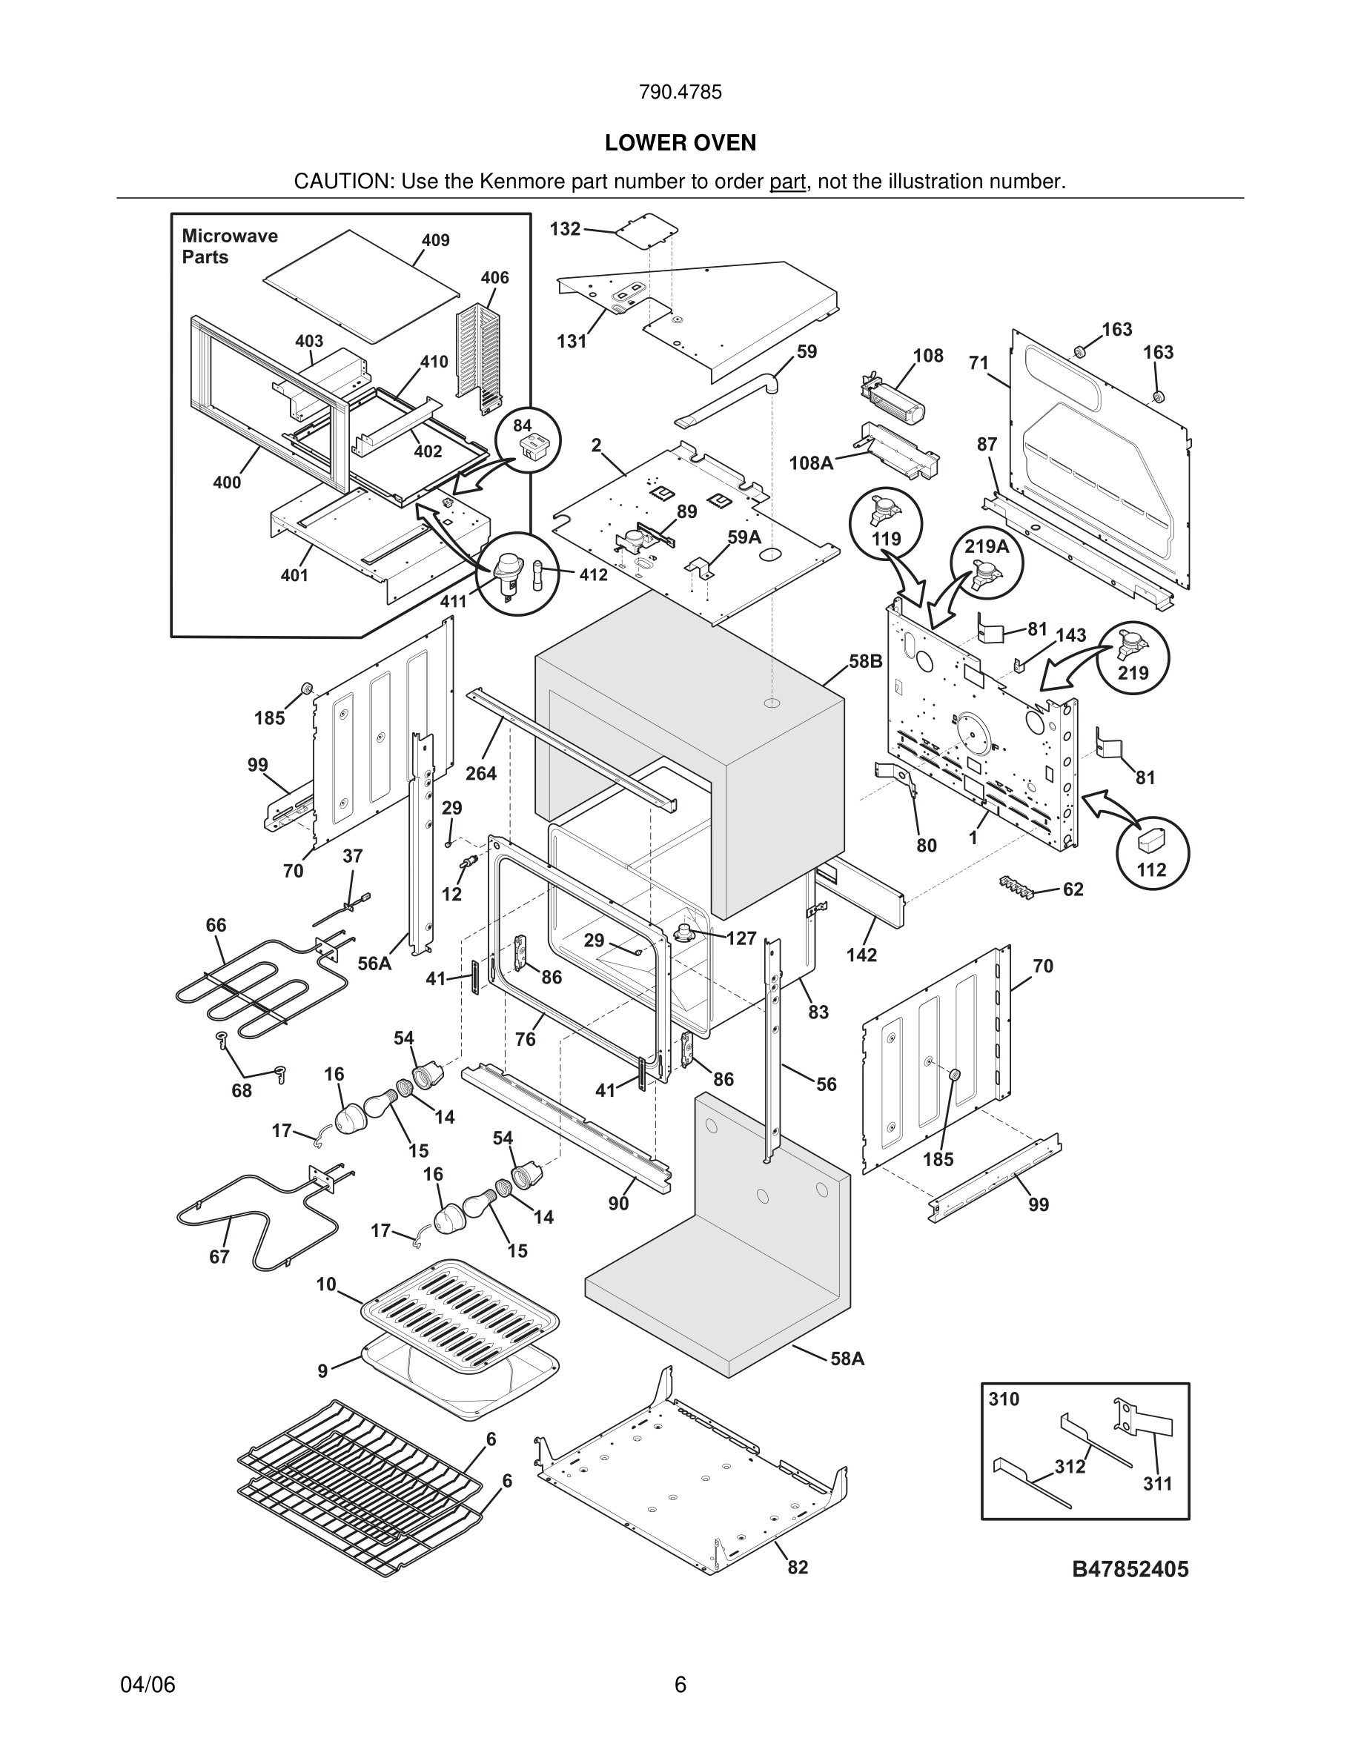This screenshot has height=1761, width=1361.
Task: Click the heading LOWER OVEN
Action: [x=680, y=144]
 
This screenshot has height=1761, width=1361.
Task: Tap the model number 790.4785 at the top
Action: [x=680, y=93]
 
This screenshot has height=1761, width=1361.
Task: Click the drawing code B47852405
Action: [x=1130, y=1569]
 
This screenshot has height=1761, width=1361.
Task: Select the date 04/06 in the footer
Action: [x=148, y=1685]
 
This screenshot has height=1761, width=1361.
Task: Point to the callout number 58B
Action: [x=865, y=661]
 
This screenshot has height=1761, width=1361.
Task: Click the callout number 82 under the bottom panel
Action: [x=797, y=1568]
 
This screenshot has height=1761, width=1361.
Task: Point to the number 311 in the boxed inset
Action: [x=1157, y=1484]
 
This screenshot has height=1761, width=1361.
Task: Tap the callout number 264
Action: [x=480, y=773]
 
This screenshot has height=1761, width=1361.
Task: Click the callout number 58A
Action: [x=847, y=1359]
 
